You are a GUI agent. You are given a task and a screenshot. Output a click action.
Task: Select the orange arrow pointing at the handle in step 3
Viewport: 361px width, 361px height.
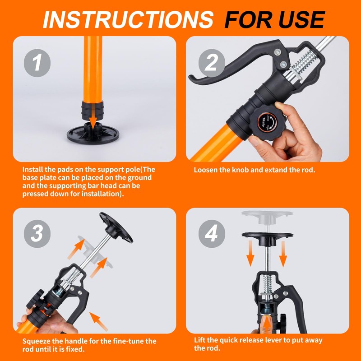coord(100,321)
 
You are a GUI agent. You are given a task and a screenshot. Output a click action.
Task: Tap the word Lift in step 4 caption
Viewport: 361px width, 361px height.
coord(200,340)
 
